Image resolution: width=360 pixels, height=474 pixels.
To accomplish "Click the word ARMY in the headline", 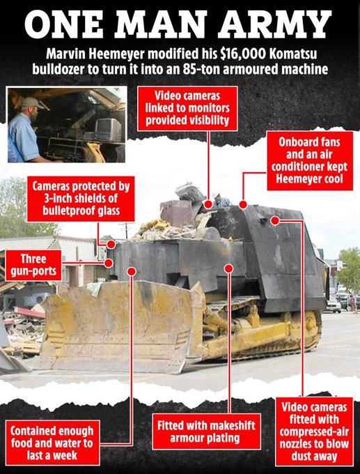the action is [275, 24].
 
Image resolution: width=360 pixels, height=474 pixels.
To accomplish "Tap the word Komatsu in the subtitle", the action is [292, 54].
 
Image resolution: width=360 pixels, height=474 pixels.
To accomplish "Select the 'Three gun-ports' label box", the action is [33, 265].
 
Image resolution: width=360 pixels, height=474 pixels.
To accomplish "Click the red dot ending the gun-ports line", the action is [109, 263].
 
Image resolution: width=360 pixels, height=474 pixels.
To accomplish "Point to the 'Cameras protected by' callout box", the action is [81, 199].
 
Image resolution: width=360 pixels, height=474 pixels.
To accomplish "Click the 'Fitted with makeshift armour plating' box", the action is [206, 431].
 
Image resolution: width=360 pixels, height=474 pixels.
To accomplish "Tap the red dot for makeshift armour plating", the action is [228, 268].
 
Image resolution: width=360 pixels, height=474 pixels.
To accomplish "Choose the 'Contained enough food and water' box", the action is [52, 443].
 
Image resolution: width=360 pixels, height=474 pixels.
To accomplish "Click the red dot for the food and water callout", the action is [132, 271].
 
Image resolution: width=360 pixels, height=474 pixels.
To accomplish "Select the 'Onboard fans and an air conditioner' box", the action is [310, 160].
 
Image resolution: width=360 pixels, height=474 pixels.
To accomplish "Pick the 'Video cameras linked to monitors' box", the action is [187, 109].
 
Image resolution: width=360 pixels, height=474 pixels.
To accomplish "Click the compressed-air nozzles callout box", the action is [314, 431].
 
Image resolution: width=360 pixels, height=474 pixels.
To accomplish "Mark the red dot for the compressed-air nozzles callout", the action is [275, 221].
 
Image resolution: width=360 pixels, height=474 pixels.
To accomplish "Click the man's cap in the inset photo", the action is [31, 102].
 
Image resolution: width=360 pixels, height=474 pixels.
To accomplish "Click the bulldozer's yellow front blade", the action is [120, 326].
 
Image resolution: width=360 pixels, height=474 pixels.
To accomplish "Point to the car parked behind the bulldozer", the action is [334, 305].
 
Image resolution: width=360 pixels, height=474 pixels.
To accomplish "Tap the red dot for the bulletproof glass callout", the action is [111, 244].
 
